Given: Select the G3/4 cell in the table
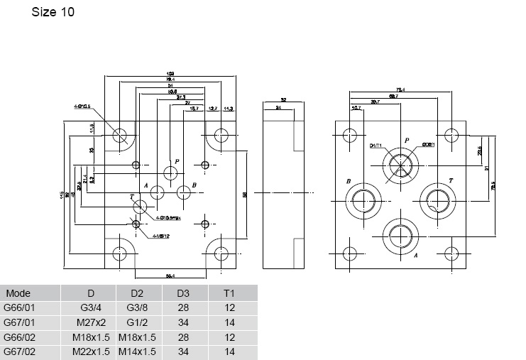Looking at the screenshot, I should pyautogui.click(x=91, y=307).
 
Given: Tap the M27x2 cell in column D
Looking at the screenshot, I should pyautogui.click(x=91, y=322).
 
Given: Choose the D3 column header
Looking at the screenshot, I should pyautogui.click(x=184, y=293).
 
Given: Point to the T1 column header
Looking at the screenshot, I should pyautogui.click(x=229, y=293).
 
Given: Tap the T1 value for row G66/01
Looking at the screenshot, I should pyautogui.click(x=229, y=307).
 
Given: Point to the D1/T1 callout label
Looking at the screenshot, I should pyautogui.click(x=376, y=146).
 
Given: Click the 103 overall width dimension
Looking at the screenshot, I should pyautogui.click(x=170, y=73).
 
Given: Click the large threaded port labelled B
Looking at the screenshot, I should pyautogui.click(x=363, y=200).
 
